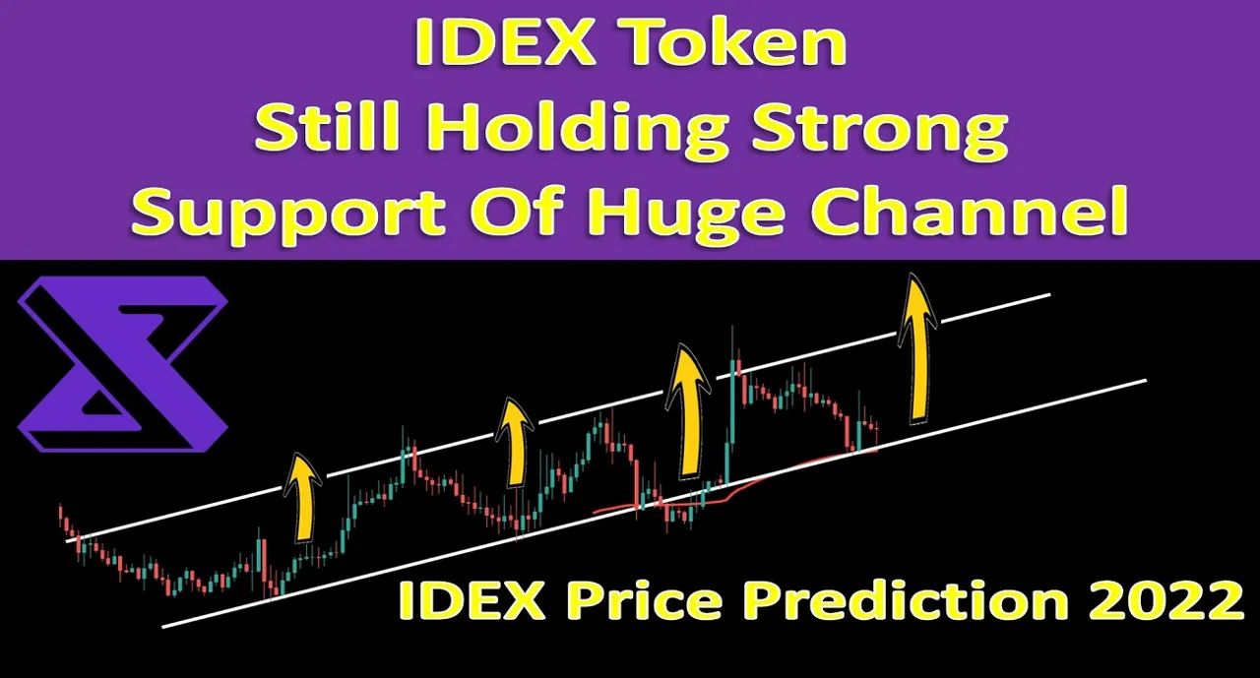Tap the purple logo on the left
(x=123, y=363)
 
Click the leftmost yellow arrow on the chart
(x=304, y=498)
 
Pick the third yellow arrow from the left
(x=687, y=411)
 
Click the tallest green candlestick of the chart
(x=731, y=394)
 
